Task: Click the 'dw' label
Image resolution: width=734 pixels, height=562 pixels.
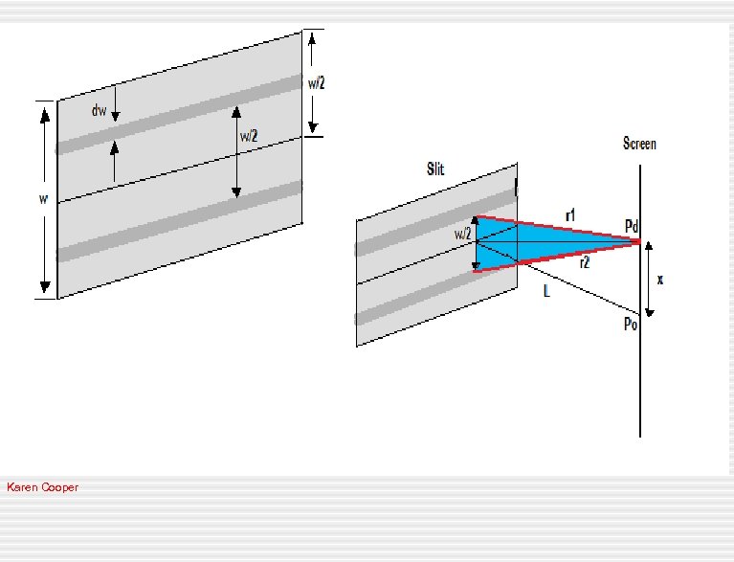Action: pyautogui.click(x=99, y=111)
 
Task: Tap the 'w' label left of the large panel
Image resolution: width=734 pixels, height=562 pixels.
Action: pyautogui.click(x=43, y=199)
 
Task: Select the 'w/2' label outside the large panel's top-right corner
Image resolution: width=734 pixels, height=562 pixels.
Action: pyautogui.click(x=317, y=83)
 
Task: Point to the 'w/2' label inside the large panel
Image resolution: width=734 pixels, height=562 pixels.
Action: pyautogui.click(x=249, y=137)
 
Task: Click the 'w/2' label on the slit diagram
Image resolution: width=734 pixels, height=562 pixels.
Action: pyautogui.click(x=461, y=234)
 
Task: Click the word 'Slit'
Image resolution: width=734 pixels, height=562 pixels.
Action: pyautogui.click(x=435, y=169)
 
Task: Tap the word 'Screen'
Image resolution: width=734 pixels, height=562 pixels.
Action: pyautogui.click(x=639, y=144)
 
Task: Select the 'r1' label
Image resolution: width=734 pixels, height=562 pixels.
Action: pyautogui.click(x=570, y=216)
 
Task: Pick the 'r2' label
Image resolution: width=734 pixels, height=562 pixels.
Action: pyautogui.click(x=584, y=261)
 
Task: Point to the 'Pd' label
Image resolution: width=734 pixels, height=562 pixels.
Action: pyautogui.click(x=631, y=226)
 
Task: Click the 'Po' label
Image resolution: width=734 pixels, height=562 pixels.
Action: pyautogui.click(x=630, y=325)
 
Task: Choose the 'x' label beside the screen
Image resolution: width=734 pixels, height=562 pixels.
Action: pyautogui.click(x=660, y=280)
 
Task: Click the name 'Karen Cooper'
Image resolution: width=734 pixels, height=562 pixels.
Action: pyautogui.click(x=42, y=487)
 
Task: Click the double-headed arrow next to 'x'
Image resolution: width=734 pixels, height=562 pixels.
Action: pyautogui.click(x=650, y=279)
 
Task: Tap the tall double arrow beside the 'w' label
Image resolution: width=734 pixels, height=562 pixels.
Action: pyautogui.click(x=44, y=249)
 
